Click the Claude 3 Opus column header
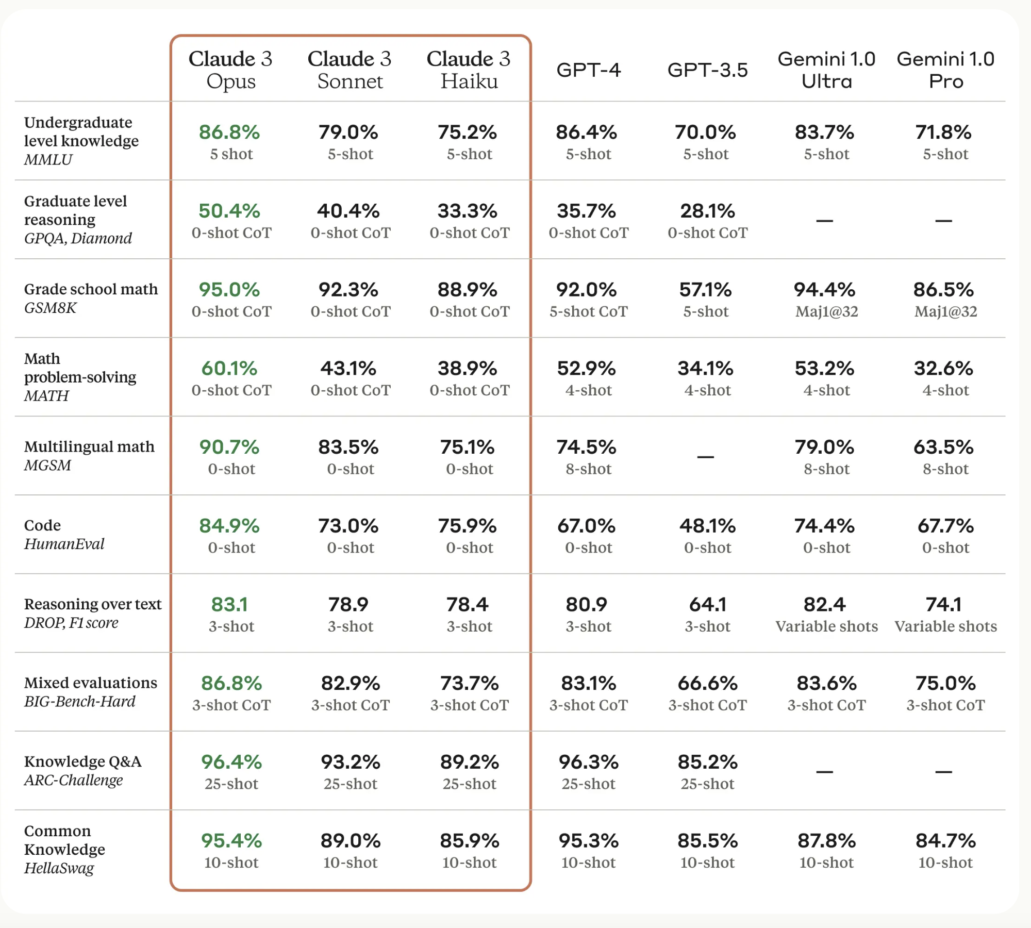(x=230, y=70)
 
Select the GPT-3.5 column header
(x=707, y=70)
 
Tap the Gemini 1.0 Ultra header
(x=826, y=70)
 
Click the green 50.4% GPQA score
(x=229, y=211)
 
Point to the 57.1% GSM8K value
(x=705, y=290)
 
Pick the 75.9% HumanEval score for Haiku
(x=467, y=526)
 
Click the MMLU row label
(x=48, y=160)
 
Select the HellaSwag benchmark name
(x=59, y=868)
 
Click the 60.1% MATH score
(x=229, y=369)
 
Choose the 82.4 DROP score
(x=824, y=605)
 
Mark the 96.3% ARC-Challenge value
(x=588, y=762)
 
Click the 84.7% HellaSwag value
(x=945, y=841)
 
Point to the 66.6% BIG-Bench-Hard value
(x=707, y=684)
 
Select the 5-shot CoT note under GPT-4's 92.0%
(x=588, y=311)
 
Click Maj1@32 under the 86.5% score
(x=945, y=311)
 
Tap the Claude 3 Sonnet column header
(x=350, y=70)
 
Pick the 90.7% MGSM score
(x=229, y=447)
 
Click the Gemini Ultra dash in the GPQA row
(x=824, y=221)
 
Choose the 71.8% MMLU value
(x=943, y=132)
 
